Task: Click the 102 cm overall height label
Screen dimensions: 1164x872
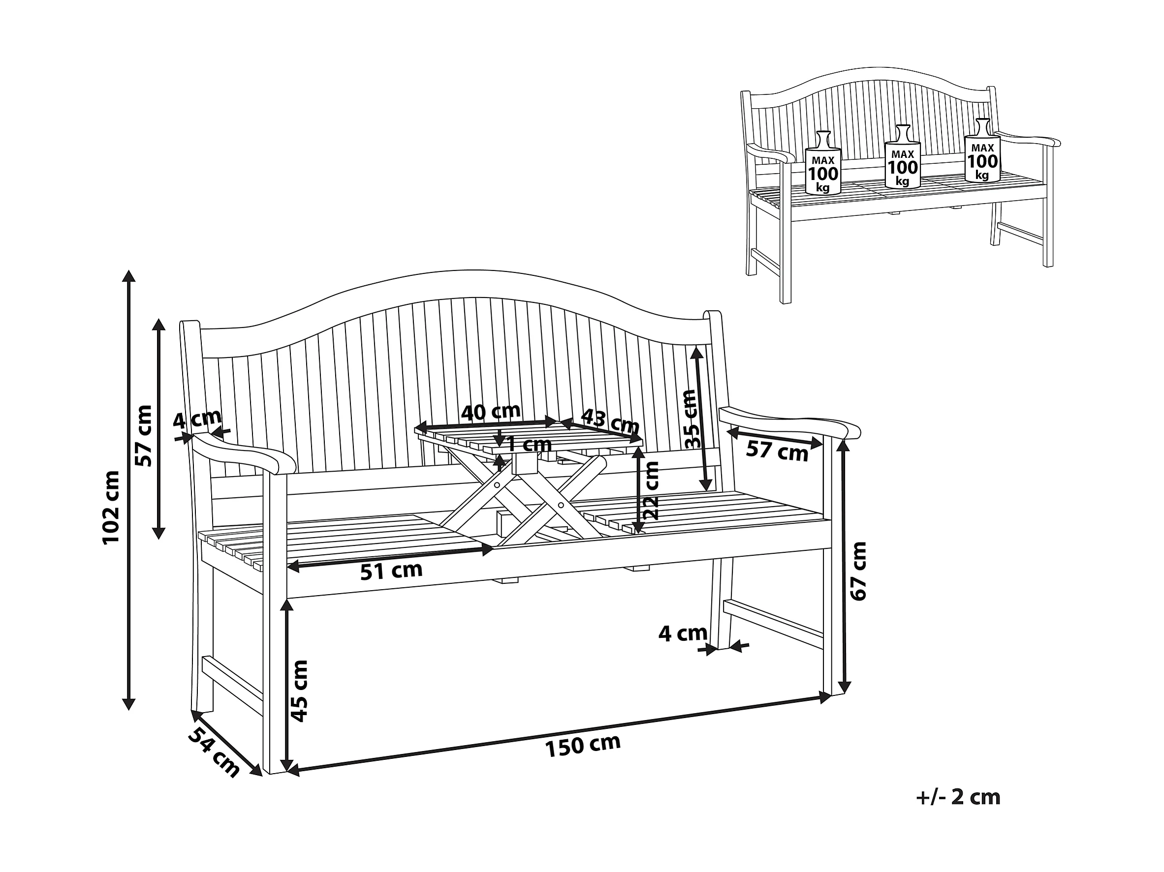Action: pos(112,507)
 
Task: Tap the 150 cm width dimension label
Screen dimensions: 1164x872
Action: pos(583,745)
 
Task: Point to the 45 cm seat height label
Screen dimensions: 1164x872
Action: pos(298,691)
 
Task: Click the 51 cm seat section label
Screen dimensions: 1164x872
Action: pos(391,571)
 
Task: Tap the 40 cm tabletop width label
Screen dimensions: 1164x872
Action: pos(491,412)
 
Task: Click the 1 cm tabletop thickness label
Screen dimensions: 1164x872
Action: pos(530,445)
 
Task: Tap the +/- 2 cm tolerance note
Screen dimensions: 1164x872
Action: pos(958,797)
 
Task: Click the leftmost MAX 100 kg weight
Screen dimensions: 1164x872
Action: pos(823,163)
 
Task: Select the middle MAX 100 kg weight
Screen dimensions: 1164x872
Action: pos(903,157)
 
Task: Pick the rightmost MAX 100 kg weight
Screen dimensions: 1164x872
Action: pos(982,151)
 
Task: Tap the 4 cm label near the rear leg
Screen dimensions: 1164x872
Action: pos(683,633)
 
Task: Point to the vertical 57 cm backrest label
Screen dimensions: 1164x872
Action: pos(143,435)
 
